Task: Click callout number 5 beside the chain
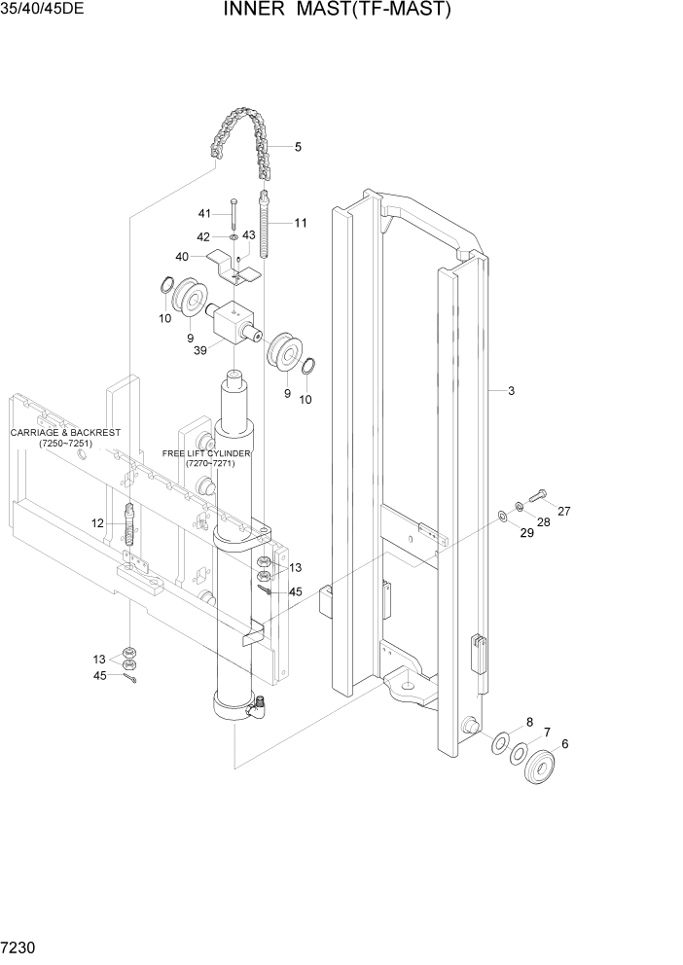pyautogui.click(x=298, y=147)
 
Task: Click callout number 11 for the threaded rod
pyautogui.click(x=301, y=223)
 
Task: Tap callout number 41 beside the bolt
pyautogui.click(x=204, y=213)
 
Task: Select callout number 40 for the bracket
pyautogui.click(x=182, y=257)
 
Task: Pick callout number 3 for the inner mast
pyautogui.click(x=511, y=391)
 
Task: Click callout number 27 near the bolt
pyautogui.click(x=563, y=511)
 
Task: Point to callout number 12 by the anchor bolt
pyautogui.click(x=97, y=522)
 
